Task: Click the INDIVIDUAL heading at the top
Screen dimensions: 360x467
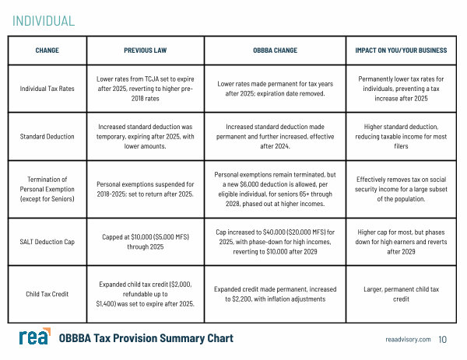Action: coord(44,21)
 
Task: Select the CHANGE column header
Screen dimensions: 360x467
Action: coord(47,51)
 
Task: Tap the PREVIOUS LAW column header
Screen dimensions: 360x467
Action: coord(145,51)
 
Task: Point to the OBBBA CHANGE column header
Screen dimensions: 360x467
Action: coord(275,51)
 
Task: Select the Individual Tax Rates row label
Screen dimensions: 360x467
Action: coord(47,89)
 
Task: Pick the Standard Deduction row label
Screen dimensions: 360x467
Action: coord(47,136)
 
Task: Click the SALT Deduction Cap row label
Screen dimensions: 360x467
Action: coord(47,242)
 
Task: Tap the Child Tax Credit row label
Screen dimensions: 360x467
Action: coord(47,294)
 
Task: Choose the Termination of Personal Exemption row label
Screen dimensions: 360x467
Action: coord(47,189)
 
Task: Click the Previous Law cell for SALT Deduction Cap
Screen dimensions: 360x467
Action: coord(145,242)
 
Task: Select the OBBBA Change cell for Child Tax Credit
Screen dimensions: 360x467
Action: coord(275,294)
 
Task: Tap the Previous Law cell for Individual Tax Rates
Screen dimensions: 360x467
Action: coord(145,89)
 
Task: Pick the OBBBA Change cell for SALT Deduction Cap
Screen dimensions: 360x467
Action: coord(275,242)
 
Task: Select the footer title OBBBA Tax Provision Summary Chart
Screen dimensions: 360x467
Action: coord(146,339)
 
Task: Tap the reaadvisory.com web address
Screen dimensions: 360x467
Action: coord(407,340)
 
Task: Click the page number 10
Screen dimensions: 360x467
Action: coord(443,340)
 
